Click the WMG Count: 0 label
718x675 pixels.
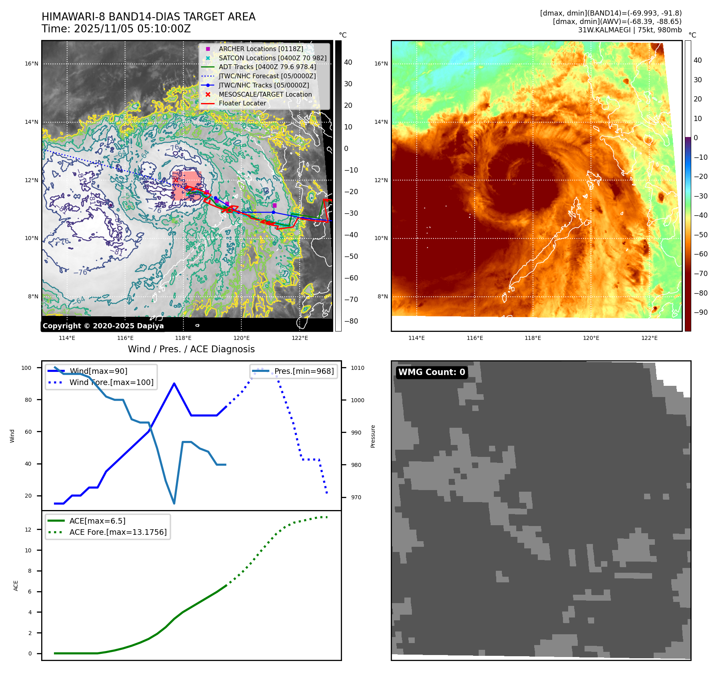pos(432,372)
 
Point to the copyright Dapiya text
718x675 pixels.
pos(103,326)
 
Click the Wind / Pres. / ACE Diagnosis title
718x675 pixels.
pos(191,349)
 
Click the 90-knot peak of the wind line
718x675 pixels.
pos(174,383)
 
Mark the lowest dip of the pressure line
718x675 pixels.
pos(174,503)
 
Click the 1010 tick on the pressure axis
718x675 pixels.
pos(358,368)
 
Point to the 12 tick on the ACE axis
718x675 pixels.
pos(28,530)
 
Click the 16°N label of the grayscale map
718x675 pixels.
pos(32,64)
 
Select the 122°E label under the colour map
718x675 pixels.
pos(649,338)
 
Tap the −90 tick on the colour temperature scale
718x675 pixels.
pos(700,312)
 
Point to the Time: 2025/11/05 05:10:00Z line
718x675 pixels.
pos(116,29)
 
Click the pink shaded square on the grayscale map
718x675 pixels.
pos(187,186)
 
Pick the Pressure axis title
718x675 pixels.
pos(373,436)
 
